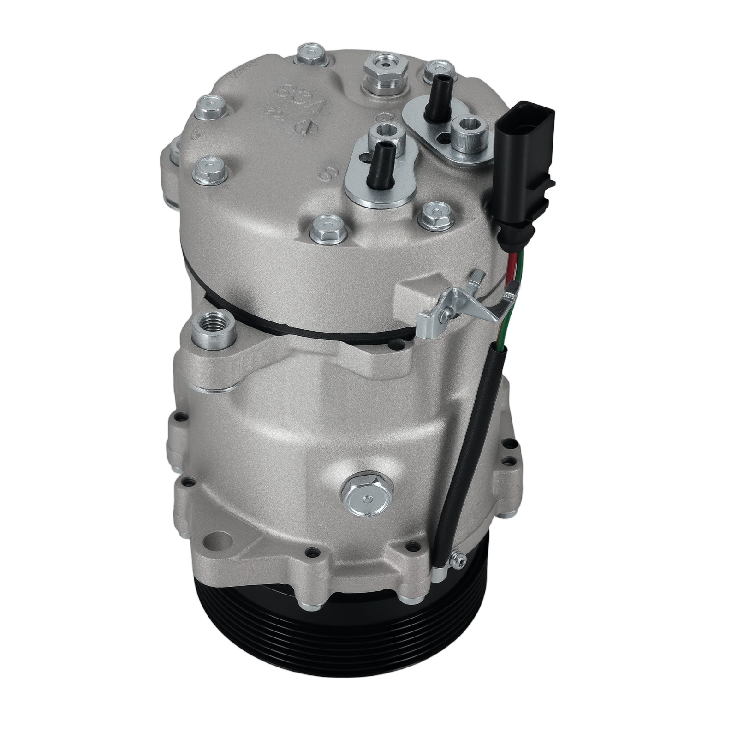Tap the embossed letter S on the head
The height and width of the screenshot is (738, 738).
click(329, 174)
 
